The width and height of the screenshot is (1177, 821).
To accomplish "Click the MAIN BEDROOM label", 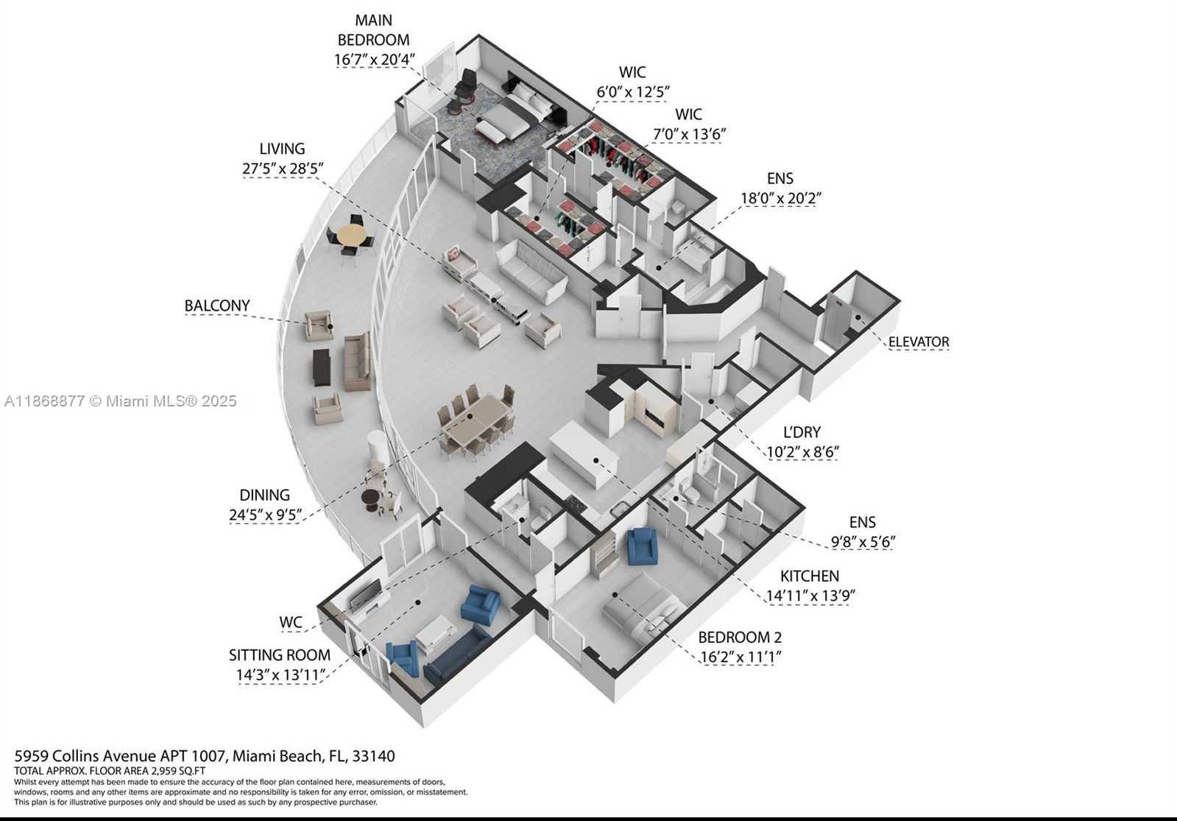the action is pos(374,30).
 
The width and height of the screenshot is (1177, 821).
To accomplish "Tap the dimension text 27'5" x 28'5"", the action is pos(283,169).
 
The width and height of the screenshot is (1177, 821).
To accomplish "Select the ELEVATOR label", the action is pos(919,342).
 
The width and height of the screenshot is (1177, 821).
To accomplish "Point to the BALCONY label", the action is pos(217,306).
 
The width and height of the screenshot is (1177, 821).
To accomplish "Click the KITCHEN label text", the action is pos(809,576).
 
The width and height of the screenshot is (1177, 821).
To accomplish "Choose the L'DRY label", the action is pos(802,432).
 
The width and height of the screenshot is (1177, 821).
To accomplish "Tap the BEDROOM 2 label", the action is pos(740,638).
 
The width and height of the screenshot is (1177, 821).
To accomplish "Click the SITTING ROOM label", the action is pos(280,655).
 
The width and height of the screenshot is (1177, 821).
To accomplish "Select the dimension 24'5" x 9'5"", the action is pos(265,515).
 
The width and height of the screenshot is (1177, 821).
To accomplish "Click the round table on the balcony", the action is pos(352,235).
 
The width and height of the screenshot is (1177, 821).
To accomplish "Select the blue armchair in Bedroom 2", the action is pos(643,546).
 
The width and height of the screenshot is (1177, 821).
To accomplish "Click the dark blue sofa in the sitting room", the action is pos(456,655).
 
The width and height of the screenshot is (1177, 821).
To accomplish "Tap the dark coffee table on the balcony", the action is pos(322,367).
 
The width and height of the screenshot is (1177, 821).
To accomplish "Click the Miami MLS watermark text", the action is pos(121,401).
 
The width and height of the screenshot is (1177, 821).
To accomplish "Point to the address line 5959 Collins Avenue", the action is pos(205,756).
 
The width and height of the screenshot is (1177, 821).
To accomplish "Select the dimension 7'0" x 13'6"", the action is pos(689,135).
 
